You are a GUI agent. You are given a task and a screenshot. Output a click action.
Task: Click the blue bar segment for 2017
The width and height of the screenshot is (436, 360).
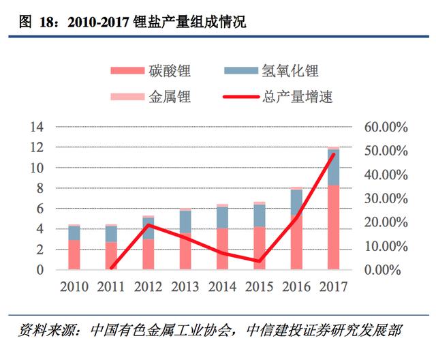[333, 167]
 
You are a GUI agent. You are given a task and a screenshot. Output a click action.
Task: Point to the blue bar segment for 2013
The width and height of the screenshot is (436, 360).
[185, 222]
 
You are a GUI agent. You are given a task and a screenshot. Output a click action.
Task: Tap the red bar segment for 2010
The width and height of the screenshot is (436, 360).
[74, 254]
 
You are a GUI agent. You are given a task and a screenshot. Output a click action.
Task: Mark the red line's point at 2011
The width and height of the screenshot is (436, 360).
[111, 267]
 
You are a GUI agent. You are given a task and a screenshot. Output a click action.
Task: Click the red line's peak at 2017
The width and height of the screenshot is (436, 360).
[333, 154]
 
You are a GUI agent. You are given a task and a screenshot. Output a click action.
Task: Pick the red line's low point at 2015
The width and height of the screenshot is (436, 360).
[259, 261]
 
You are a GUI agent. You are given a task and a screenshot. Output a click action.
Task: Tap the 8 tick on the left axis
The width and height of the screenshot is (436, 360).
[40, 188]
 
